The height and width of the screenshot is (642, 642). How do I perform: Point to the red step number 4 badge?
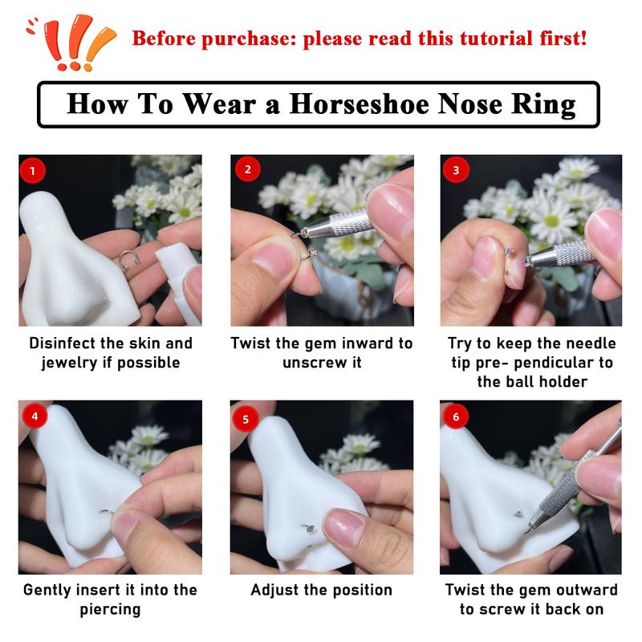click(x=32, y=416)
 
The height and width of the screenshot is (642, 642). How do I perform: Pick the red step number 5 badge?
click(x=246, y=417)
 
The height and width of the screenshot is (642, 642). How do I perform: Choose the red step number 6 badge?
click(x=457, y=416)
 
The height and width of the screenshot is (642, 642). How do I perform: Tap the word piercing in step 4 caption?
click(x=110, y=609)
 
